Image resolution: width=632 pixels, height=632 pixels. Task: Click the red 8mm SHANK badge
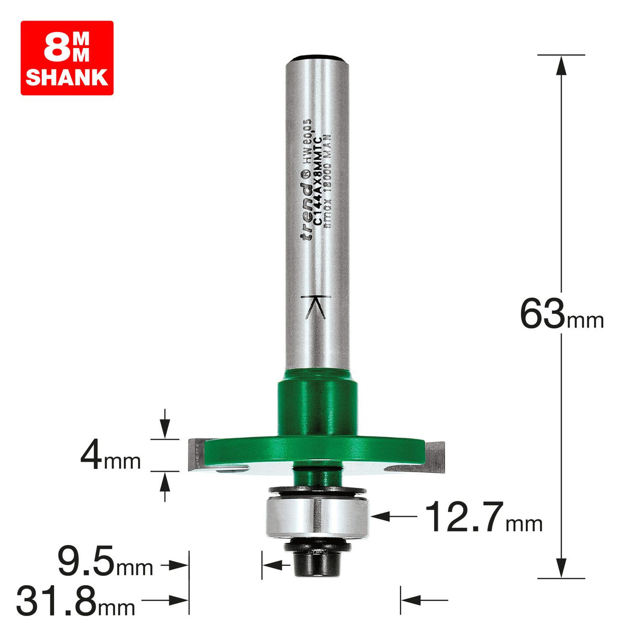click(x=67, y=58)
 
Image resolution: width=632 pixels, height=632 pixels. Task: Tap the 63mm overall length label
click(x=561, y=314)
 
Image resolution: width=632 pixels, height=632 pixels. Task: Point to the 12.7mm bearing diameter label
click(x=484, y=517)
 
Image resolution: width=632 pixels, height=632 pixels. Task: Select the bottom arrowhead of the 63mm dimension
click(x=561, y=567)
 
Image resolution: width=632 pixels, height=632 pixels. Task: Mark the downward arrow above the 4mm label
click(x=165, y=430)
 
